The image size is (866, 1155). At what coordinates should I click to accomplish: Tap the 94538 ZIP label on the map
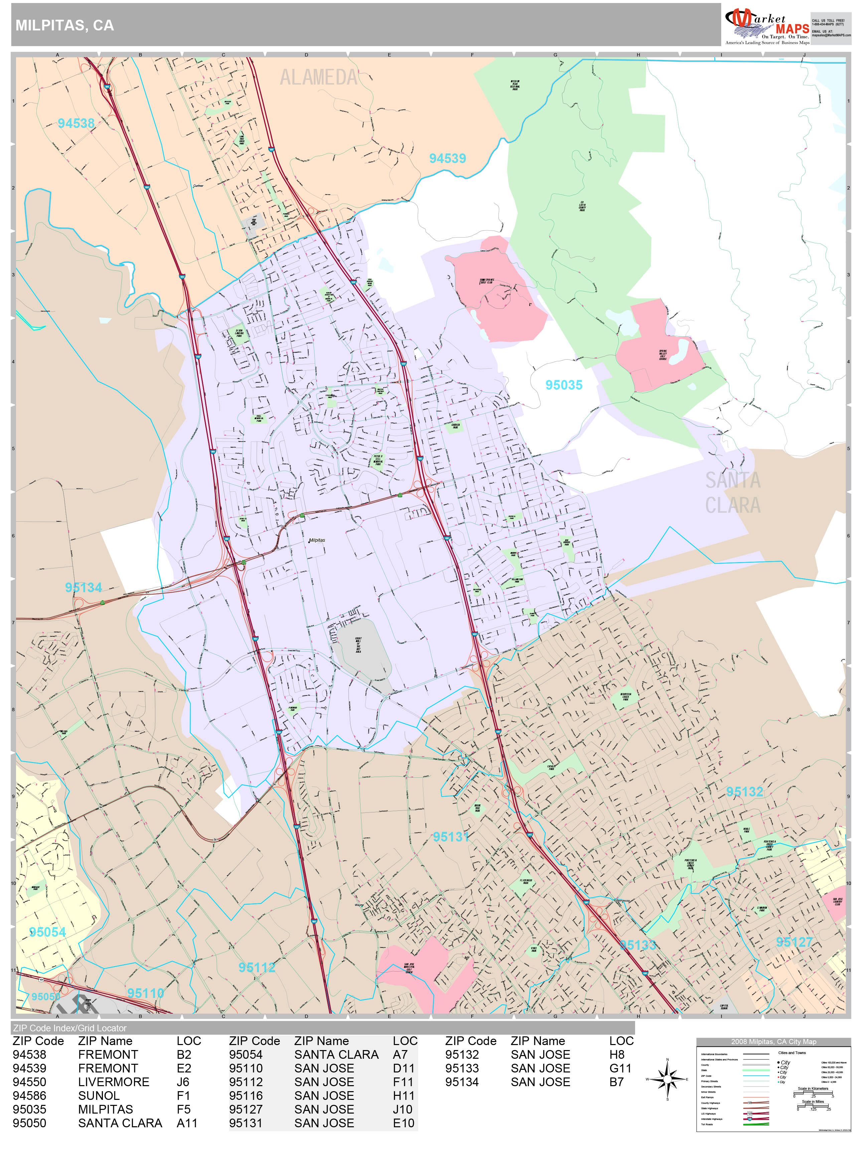(76, 123)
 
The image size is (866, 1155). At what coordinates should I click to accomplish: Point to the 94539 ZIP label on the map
(447, 158)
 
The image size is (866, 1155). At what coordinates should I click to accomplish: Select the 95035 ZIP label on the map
(564, 385)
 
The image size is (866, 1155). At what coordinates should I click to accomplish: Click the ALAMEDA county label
(318, 78)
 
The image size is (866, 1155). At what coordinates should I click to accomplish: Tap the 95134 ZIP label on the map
(84, 588)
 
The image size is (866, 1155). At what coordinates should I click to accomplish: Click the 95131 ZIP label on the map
(451, 837)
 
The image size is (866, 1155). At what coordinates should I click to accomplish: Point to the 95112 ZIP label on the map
(257, 967)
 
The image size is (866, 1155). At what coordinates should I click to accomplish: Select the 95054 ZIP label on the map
(47, 932)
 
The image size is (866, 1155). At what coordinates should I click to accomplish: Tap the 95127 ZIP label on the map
(794, 942)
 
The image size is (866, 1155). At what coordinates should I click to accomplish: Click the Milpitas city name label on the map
(317, 540)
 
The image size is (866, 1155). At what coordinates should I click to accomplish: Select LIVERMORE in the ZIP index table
(114, 1082)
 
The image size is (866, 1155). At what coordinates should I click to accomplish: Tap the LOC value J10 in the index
(403, 1109)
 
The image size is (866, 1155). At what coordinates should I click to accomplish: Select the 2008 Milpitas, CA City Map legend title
(773, 1041)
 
